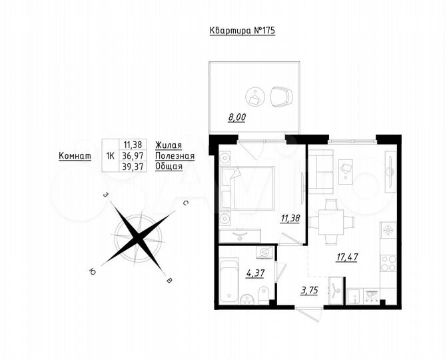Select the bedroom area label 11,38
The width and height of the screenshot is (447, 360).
pos(290,217)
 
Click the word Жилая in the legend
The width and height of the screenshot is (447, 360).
pos(169,145)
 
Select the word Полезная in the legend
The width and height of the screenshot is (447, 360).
pos(175,156)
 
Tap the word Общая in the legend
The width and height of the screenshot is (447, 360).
pos(169,167)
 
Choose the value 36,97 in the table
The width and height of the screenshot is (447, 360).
pos(134,156)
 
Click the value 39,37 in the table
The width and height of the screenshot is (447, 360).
pos(134,167)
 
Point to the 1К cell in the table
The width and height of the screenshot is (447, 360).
pos(109,156)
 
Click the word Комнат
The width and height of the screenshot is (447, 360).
pos(75,156)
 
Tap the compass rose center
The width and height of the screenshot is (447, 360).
pos(138,237)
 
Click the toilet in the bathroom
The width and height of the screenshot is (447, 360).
pos(264,291)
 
